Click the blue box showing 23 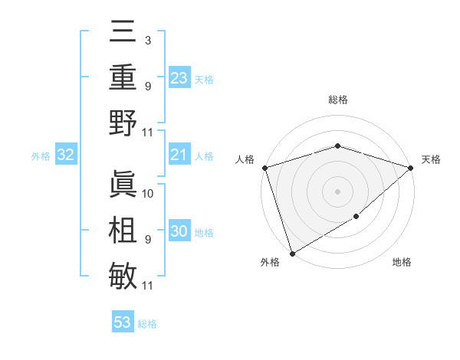[x=179, y=77]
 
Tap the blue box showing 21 [x=179, y=155]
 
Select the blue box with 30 [x=179, y=232]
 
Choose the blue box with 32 [x=66, y=155]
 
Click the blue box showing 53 [x=123, y=322]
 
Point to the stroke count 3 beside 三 [x=147, y=40]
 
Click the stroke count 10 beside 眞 [x=148, y=193]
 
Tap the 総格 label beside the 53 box [x=147, y=324]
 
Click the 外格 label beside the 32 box [x=41, y=156]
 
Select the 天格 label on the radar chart [x=431, y=159]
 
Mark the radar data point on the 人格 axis [x=264, y=168]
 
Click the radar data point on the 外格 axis [x=293, y=252]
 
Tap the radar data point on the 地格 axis [x=356, y=217]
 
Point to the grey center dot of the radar [x=337, y=191]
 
